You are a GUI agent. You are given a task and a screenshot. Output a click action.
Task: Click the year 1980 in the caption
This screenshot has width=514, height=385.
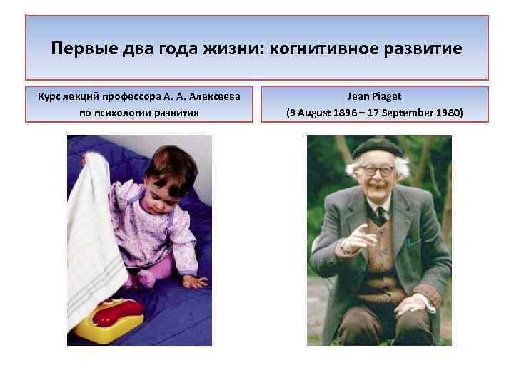pos(450,112)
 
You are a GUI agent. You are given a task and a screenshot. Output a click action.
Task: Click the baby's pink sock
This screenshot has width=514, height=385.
pos(149,275)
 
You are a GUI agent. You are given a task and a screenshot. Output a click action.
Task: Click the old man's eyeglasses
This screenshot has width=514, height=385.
pos(378,171)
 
